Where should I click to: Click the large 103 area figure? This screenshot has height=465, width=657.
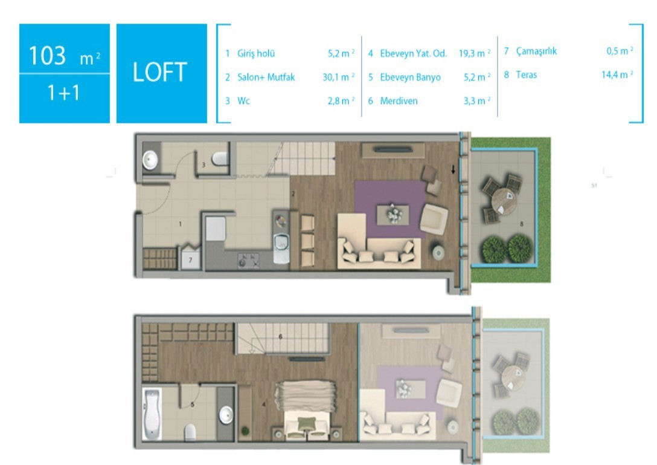tap(47, 55)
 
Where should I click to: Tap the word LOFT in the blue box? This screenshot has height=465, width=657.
tap(159, 72)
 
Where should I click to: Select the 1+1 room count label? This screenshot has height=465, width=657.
tap(63, 93)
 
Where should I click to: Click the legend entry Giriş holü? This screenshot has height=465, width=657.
tap(256, 53)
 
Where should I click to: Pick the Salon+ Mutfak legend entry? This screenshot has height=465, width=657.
tap(266, 77)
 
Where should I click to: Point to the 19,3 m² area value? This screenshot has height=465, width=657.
tap(474, 53)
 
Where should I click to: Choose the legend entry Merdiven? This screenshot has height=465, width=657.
tap(399, 101)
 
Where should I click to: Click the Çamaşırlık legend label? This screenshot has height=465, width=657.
tap(536, 51)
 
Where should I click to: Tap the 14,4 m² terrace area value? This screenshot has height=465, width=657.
tap(617, 75)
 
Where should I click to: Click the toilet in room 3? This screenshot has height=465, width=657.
tap(220, 158)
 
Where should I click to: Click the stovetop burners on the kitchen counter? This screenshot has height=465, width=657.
tap(248, 260)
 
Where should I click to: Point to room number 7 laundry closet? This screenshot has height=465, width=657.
tap(190, 260)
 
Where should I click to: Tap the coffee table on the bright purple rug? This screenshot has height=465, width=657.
tap(393, 215)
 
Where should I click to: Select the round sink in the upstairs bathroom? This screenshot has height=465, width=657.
tap(226, 415)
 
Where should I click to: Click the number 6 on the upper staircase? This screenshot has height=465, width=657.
tap(280, 337)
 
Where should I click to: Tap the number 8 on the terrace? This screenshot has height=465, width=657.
tap(521, 224)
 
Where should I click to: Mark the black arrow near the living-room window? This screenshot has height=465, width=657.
tap(453, 169)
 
